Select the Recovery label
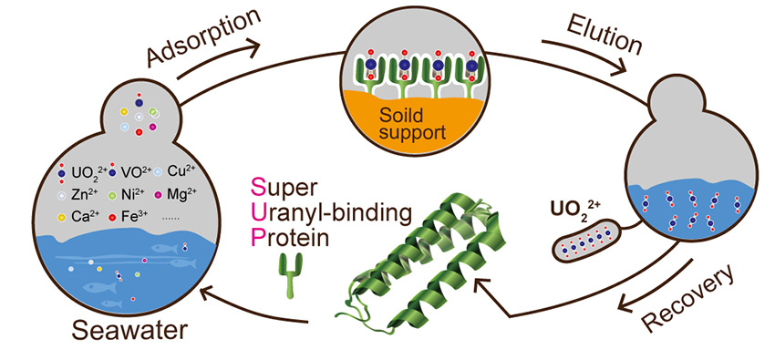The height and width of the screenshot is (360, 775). [x=684, y=299]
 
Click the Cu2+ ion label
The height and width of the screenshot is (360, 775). [x=189, y=171]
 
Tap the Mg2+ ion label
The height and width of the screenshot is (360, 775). [x=191, y=194]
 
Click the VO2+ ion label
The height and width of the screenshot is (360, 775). [x=134, y=171]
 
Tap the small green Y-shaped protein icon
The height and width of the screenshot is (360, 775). [x=290, y=279]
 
